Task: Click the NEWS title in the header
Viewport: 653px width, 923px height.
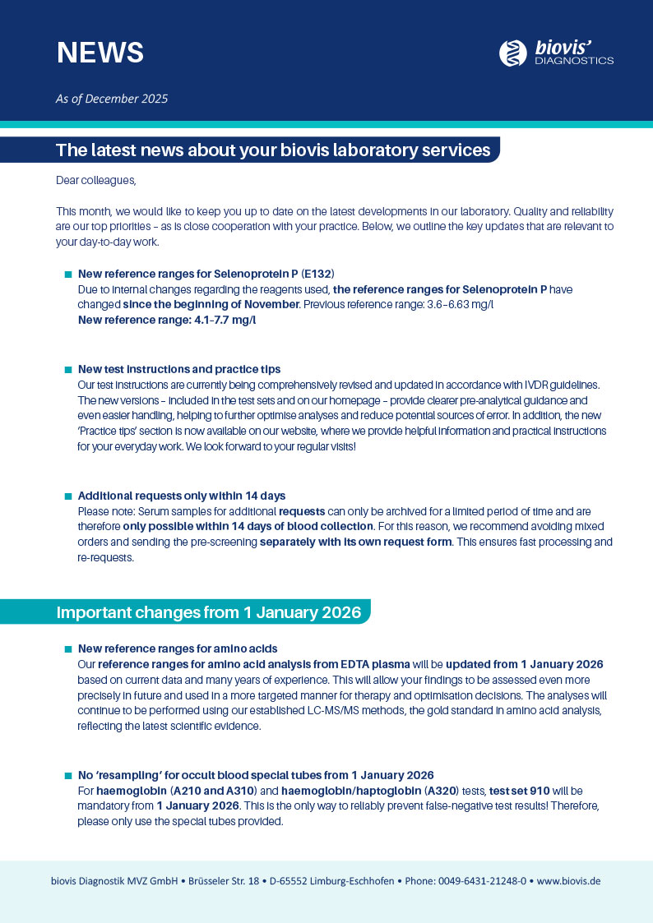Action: point(100,52)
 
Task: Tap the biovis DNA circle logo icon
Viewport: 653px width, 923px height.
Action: point(513,53)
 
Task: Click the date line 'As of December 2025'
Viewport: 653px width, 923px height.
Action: point(112,99)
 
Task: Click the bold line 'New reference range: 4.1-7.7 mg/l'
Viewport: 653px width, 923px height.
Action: point(167,320)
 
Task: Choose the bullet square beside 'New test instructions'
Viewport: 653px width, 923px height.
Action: point(68,370)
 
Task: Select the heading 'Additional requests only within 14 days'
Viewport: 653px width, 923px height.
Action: point(182,496)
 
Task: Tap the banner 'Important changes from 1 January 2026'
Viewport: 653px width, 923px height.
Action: point(209,612)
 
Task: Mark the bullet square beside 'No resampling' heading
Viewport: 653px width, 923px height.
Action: point(68,776)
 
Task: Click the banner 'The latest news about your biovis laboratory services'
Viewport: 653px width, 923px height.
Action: point(273,150)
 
